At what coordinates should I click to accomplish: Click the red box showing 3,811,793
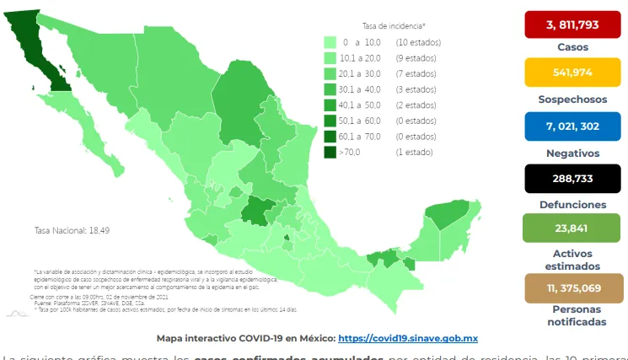pyautogui.click(x=572, y=24)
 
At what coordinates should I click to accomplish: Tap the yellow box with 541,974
pyautogui.click(x=572, y=73)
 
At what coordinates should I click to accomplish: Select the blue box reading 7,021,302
pyautogui.click(x=572, y=126)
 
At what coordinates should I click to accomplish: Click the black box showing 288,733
pyautogui.click(x=572, y=179)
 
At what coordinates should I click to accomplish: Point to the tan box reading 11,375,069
pyautogui.click(x=572, y=287)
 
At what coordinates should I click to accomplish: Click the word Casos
pyautogui.click(x=572, y=47)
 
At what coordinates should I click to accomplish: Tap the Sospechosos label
pyautogui.click(x=572, y=99)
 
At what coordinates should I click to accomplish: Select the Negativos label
pyautogui.click(x=572, y=153)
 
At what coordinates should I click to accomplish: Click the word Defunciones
pyautogui.click(x=572, y=205)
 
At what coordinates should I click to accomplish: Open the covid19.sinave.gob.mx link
pyautogui.click(x=408, y=338)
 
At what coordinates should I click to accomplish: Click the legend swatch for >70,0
pyautogui.click(x=330, y=152)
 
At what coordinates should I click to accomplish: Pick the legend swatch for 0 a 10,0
pyautogui.click(x=330, y=42)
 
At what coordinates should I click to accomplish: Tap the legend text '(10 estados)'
pyautogui.click(x=417, y=42)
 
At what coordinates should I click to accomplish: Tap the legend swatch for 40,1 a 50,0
pyautogui.click(x=330, y=105)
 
